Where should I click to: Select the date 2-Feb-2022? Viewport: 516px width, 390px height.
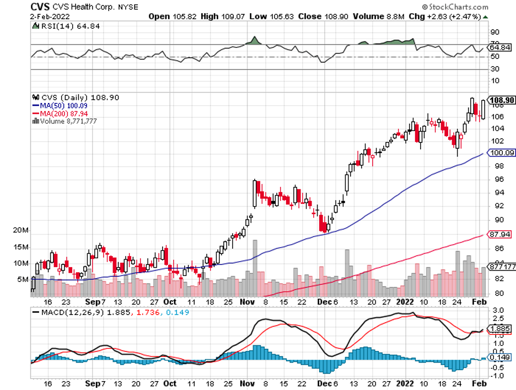pos(50,17)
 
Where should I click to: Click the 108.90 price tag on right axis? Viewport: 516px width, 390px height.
pos(502,100)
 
